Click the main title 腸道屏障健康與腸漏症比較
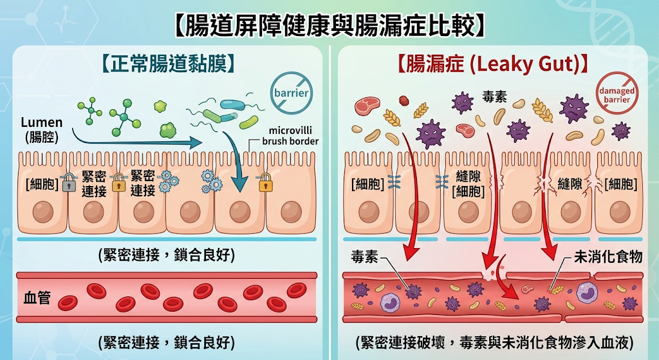pyautogui.click(x=329, y=25)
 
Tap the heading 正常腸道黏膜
pyautogui.click(x=168, y=64)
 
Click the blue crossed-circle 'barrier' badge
pyautogui.click(x=291, y=93)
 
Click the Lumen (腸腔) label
pyautogui.click(x=42, y=129)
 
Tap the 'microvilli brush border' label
pyautogui.click(x=290, y=136)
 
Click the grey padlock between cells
pyautogui.click(x=69, y=182)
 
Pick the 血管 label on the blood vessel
pyautogui.click(x=37, y=298)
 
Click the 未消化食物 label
pyautogui.click(x=608, y=256)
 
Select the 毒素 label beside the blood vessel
pyautogui.click(x=365, y=256)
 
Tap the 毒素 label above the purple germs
pyautogui.click(x=495, y=97)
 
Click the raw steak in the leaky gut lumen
pyautogui.click(x=367, y=106)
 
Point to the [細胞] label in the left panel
pyautogui.click(x=42, y=184)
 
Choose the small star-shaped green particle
pyautogui.click(x=160, y=106)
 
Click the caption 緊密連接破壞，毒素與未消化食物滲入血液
pyautogui.click(x=494, y=343)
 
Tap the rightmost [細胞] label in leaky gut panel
pyautogui.click(x=621, y=184)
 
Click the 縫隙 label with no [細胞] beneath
pyautogui.click(x=570, y=184)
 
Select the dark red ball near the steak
pyautogui.click(x=404, y=101)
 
